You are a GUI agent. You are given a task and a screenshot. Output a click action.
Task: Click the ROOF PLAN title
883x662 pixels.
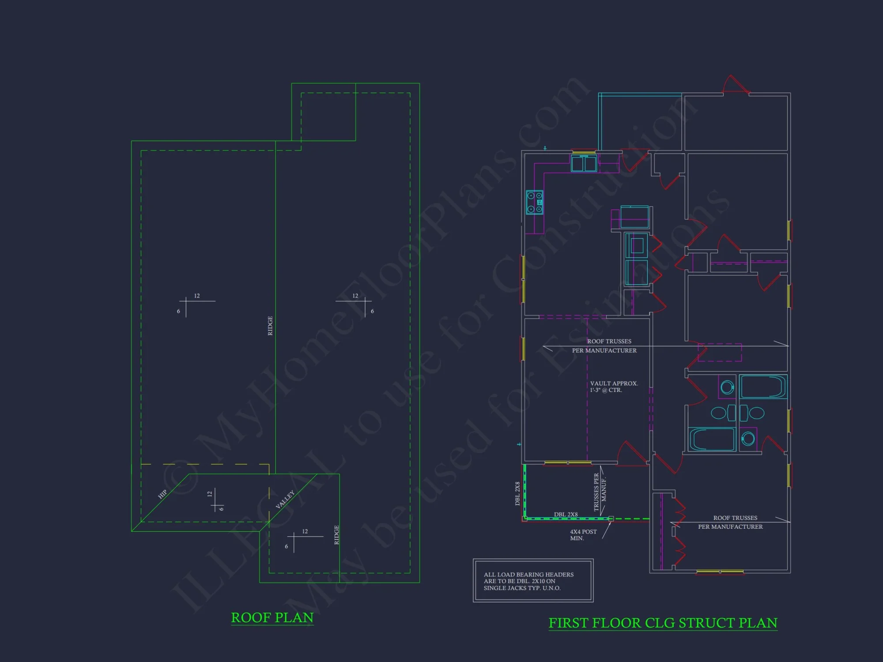point(272,617)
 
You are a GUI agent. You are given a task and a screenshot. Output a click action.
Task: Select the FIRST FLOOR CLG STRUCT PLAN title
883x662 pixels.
point(662,623)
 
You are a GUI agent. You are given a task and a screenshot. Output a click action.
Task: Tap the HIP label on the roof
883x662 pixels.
point(162,494)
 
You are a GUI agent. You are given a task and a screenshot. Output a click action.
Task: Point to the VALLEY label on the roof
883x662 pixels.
point(285,500)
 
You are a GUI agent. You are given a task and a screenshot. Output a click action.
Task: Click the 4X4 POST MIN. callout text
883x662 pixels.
point(583,535)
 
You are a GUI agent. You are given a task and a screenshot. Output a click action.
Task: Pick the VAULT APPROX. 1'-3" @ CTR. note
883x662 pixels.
point(614,387)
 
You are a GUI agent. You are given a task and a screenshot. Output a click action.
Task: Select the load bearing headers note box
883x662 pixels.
point(533,581)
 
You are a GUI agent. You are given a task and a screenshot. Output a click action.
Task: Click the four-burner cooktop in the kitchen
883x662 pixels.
point(534,203)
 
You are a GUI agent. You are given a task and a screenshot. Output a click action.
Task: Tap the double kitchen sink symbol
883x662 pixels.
point(584,163)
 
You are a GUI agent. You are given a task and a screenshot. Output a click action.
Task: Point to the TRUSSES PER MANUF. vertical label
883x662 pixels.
point(600,492)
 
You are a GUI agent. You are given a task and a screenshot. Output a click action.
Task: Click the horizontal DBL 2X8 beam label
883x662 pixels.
point(566,515)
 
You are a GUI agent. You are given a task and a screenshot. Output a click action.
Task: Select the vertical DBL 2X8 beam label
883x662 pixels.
point(517,493)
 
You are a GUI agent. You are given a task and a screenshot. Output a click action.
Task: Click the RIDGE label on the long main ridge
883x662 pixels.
point(270,326)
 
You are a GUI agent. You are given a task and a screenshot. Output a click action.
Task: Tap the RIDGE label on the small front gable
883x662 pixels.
point(336,535)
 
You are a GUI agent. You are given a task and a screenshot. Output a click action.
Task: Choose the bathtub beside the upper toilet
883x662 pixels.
point(762,387)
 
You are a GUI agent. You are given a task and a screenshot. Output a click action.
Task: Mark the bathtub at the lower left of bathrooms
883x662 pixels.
point(712,439)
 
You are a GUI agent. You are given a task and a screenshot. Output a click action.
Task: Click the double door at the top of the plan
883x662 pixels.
point(736,85)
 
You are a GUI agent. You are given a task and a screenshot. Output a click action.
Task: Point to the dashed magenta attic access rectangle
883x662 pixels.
point(719,353)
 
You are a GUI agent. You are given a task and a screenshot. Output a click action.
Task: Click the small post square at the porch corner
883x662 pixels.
point(611,519)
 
